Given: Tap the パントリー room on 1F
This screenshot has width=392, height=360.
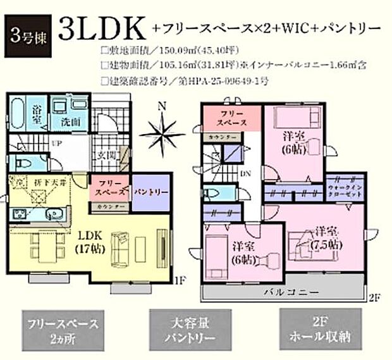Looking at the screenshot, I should tap(151, 192).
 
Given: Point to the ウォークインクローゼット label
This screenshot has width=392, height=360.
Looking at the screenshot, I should tap(345, 190).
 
